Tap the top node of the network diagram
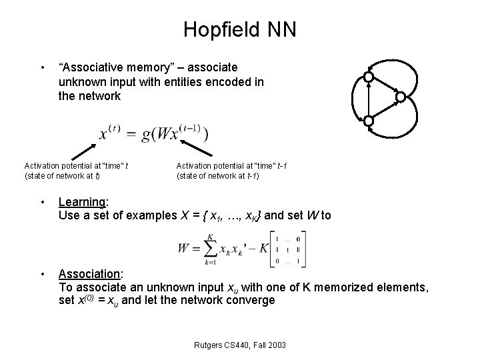[x=367, y=78]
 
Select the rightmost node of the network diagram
[x=400, y=97]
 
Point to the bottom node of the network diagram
[x=367, y=121]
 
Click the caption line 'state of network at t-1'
[x=217, y=176]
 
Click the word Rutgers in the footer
[x=202, y=345]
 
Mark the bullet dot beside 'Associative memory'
[x=42, y=67]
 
